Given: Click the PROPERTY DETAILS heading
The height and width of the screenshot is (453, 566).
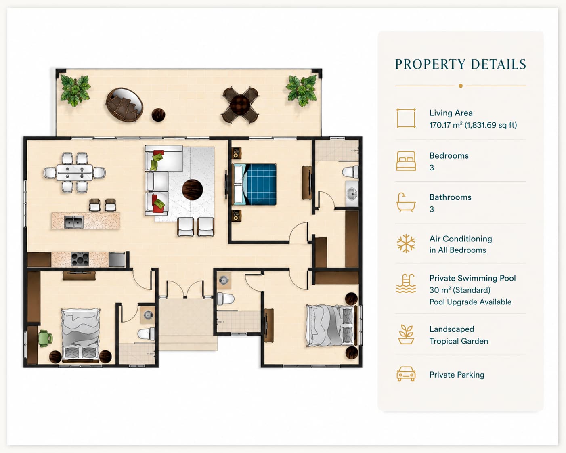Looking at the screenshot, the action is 461,65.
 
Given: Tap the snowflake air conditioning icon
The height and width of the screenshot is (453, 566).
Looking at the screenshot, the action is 406,243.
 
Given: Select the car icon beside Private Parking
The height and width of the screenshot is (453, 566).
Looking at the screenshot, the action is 406,373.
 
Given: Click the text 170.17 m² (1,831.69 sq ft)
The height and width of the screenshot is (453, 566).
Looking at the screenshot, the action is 473,125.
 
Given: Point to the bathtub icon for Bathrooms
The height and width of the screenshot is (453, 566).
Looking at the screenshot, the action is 406,202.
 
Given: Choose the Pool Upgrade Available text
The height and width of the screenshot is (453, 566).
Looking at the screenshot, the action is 471,302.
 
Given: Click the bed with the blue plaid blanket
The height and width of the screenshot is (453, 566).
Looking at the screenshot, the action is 254,184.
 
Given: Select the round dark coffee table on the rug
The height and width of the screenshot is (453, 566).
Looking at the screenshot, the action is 192,190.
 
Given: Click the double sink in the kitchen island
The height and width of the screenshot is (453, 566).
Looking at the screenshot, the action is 74,222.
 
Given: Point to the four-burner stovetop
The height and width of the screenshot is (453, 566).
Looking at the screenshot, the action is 80,259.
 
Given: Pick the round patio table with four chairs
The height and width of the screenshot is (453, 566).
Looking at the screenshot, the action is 240,105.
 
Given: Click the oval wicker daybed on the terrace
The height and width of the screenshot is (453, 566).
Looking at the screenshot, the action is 124,105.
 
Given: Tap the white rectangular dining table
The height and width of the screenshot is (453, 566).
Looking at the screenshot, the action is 75,172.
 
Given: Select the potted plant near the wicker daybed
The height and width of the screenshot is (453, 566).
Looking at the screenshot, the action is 75,90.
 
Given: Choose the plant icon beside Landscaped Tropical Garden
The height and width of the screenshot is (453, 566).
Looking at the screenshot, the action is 406,335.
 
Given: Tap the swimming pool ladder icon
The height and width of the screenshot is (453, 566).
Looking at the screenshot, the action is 406,283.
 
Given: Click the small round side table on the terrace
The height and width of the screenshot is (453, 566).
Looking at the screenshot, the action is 158,115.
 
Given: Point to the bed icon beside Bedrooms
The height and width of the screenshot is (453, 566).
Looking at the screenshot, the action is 406,161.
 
